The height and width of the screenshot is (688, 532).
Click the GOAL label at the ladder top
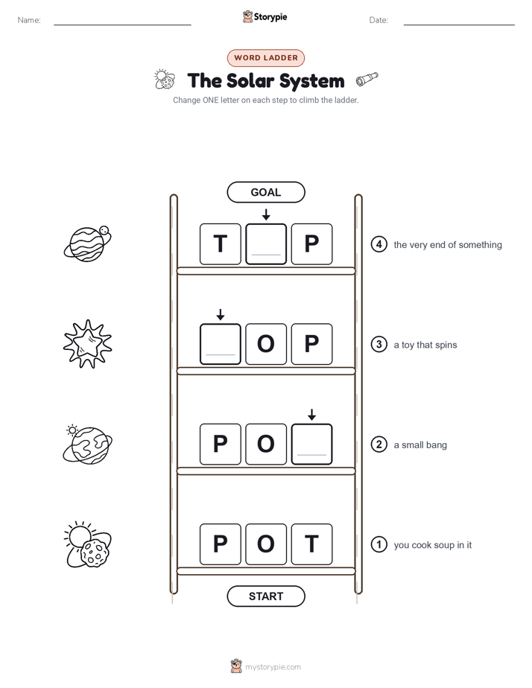(266, 192)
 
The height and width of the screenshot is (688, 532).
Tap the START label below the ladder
(266, 596)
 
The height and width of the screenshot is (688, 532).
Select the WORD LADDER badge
(266, 58)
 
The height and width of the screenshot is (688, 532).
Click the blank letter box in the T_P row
(266, 244)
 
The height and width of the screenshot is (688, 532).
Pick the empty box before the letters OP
(221, 344)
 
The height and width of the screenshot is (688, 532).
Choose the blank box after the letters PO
(311, 444)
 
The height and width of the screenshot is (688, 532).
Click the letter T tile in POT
(311, 544)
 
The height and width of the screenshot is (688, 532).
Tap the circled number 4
(379, 244)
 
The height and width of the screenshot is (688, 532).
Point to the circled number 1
(379, 544)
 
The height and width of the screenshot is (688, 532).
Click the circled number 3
(379, 345)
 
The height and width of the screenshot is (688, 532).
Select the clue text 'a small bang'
(420, 445)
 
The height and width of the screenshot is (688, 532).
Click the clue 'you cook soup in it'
(432, 545)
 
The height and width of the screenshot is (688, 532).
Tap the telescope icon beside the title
(367, 78)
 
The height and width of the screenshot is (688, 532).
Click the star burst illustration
(88, 344)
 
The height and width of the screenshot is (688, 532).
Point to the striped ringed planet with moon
(88, 243)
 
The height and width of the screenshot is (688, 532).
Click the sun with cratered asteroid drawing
(88, 544)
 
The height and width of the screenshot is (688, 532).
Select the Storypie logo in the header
(265, 16)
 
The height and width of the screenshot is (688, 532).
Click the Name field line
(122, 25)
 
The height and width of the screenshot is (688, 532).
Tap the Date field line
(459, 25)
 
